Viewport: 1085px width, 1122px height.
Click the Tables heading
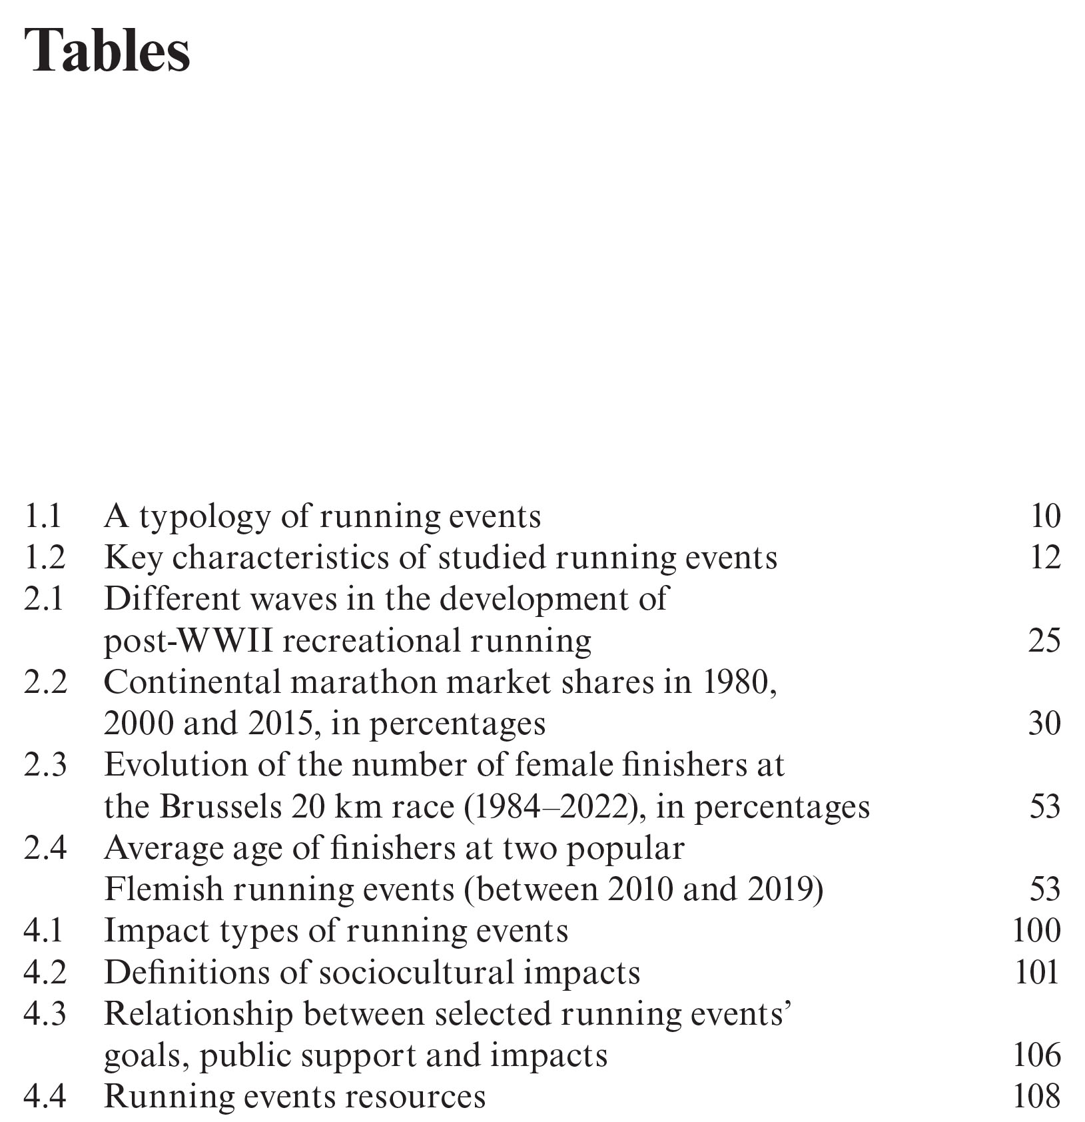tap(107, 51)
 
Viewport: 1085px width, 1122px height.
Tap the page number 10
tap(1044, 516)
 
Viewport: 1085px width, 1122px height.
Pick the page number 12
tap(1044, 558)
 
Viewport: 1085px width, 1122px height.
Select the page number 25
tap(1044, 641)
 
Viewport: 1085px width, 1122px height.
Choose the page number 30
tap(1044, 724)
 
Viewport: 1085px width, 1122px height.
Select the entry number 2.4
tap(45, 848)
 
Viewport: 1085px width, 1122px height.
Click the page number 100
tap(1036, 931)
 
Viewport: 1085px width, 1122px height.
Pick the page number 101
tap(1036, 973)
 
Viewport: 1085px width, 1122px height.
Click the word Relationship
tap(198, 1015)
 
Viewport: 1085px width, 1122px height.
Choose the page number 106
tap(1036, 1056)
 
